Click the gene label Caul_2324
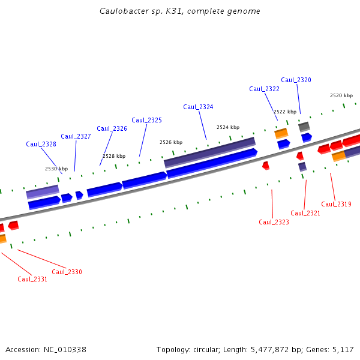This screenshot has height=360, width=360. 198,107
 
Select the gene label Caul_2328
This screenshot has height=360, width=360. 41,144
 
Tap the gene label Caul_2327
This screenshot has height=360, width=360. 76,136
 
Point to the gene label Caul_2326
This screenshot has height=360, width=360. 112,128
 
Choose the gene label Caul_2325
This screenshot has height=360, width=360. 146,120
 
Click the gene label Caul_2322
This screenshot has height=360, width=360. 264,89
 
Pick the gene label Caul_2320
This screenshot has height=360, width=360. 296,80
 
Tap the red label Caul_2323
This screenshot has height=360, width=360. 274,222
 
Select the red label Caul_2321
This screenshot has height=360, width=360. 305,213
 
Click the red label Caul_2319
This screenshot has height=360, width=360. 336,204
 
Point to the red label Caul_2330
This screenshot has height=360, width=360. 67,272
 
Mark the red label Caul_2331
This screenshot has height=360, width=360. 32,279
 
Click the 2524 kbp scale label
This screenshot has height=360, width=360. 228,127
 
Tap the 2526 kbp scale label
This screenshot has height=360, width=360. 171,142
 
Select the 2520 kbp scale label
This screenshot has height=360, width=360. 341,95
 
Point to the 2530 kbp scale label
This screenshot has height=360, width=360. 56,169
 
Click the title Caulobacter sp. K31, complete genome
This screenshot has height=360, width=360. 180,11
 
